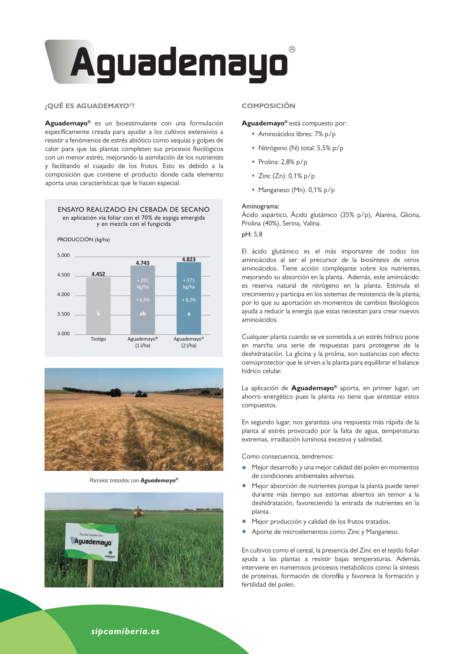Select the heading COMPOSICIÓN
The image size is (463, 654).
268,106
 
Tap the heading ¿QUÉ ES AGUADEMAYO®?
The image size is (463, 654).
90,106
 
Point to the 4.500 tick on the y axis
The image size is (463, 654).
63,275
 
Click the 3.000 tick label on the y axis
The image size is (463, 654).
63,334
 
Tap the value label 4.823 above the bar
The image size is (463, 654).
189,259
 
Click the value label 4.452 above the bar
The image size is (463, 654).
98,274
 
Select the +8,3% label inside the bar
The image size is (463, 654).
189,300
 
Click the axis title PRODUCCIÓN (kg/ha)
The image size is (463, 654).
83,240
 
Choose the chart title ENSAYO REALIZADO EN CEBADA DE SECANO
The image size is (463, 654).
134,209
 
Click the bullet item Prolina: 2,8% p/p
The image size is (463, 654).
282,162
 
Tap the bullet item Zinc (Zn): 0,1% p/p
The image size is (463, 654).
286,176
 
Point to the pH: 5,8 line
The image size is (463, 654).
252,234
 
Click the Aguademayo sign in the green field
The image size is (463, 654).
92,542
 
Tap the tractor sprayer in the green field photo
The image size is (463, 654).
139,512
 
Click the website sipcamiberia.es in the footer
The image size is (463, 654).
125,632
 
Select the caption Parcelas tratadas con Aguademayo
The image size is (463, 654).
134,481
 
